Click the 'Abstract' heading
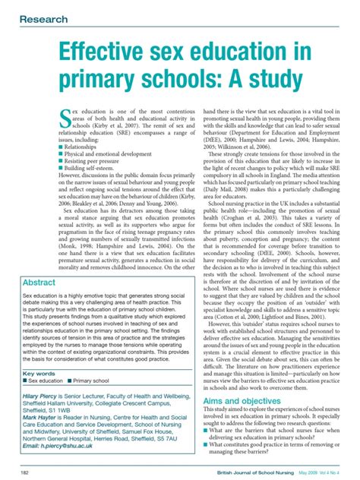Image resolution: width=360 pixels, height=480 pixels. pos(44,283)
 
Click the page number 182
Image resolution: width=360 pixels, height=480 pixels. pos(24,472)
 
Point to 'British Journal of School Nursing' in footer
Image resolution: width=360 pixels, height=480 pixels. pos(248,472)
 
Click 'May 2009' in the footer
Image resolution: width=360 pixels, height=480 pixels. pos(310,472)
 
